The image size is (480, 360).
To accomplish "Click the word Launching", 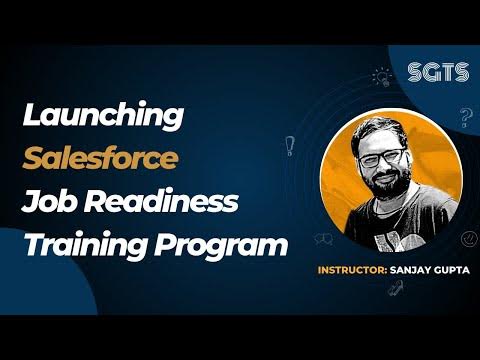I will (x=103, y=116).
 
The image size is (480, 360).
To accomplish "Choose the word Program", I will (x=214, y=244).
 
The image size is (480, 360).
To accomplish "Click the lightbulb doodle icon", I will (x=381, y=75).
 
